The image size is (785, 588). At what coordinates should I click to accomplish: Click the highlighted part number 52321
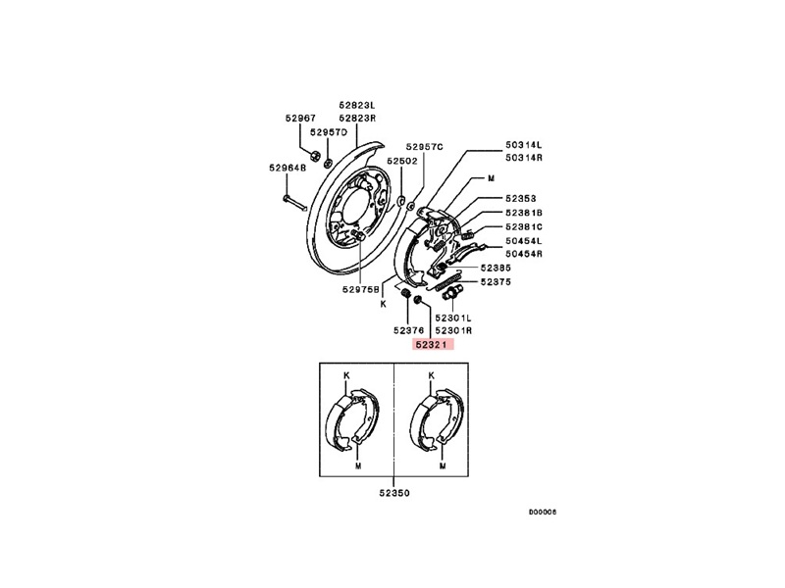point(433,344)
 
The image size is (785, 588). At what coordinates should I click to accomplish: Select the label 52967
point(300,118)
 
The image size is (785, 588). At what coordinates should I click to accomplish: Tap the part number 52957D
point(328,132)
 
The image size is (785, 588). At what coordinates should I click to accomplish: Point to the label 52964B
point(288,168)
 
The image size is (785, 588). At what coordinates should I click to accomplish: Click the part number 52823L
point(357,105)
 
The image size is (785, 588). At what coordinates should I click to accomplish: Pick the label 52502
point(402,161)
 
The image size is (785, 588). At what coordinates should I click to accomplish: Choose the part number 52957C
point(425,146)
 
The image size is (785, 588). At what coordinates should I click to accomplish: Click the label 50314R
point(524,158)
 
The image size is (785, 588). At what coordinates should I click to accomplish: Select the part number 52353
point(521,199)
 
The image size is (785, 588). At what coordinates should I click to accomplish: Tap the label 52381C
point(524,227)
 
